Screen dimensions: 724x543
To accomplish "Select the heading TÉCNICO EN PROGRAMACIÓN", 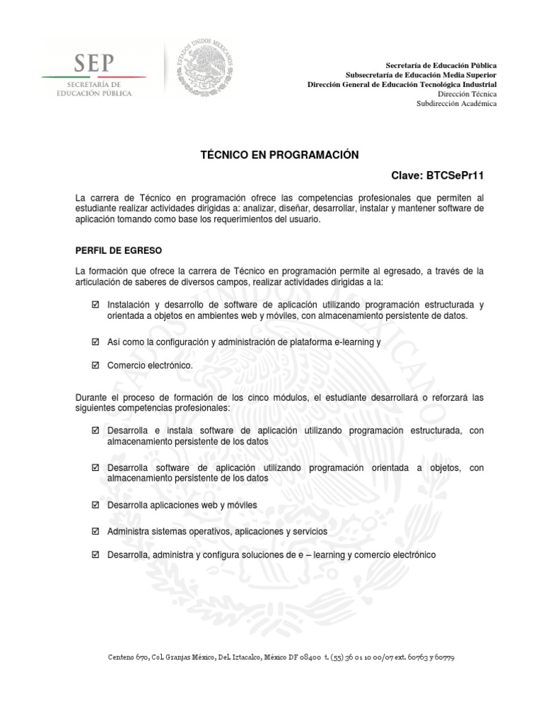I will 271,155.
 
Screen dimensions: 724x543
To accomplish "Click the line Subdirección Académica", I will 457,104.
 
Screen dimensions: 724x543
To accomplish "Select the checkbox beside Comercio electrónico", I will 95,366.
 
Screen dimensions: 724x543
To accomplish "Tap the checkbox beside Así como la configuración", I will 95,341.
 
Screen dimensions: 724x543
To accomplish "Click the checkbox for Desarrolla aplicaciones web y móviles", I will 95,506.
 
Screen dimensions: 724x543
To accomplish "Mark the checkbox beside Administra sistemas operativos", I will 95,530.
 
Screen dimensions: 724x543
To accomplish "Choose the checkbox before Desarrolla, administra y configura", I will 95,555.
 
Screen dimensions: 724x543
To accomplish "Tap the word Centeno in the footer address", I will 120,657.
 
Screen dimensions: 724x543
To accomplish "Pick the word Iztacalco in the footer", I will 238,657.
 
